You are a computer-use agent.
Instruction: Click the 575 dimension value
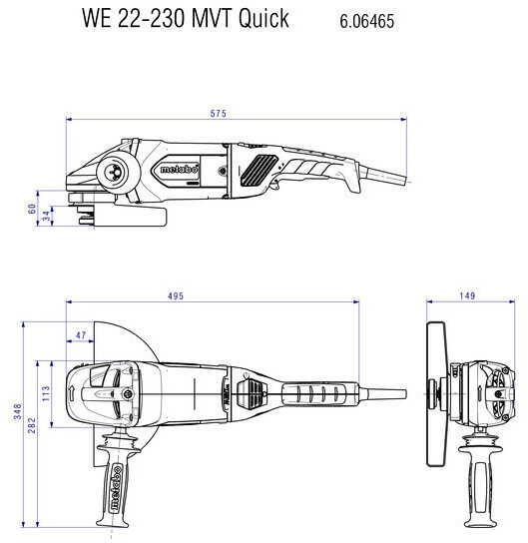[219, 113]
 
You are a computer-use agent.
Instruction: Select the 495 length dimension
[176, 296]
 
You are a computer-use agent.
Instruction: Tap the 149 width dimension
[467, 295]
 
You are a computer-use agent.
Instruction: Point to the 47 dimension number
[81, 335]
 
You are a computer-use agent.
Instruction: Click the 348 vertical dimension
[18, 411]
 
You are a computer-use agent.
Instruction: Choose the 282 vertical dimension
[32, 425]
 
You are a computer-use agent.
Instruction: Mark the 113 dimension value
[46, 393]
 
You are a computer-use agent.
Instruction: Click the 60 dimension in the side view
[32, 209]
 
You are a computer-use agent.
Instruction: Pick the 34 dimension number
[46, 216]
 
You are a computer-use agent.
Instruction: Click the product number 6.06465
[366, 21]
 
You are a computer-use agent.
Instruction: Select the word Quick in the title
[264, 18]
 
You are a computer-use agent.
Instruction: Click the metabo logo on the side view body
[180, 170]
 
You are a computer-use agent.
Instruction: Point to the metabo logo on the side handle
[116, 488]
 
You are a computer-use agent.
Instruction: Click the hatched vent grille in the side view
[259, 171]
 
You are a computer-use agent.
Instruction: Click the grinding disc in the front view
[437, 393]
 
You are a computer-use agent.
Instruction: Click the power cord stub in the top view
[383, 393]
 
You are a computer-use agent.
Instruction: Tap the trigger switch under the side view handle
[275, 185]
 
